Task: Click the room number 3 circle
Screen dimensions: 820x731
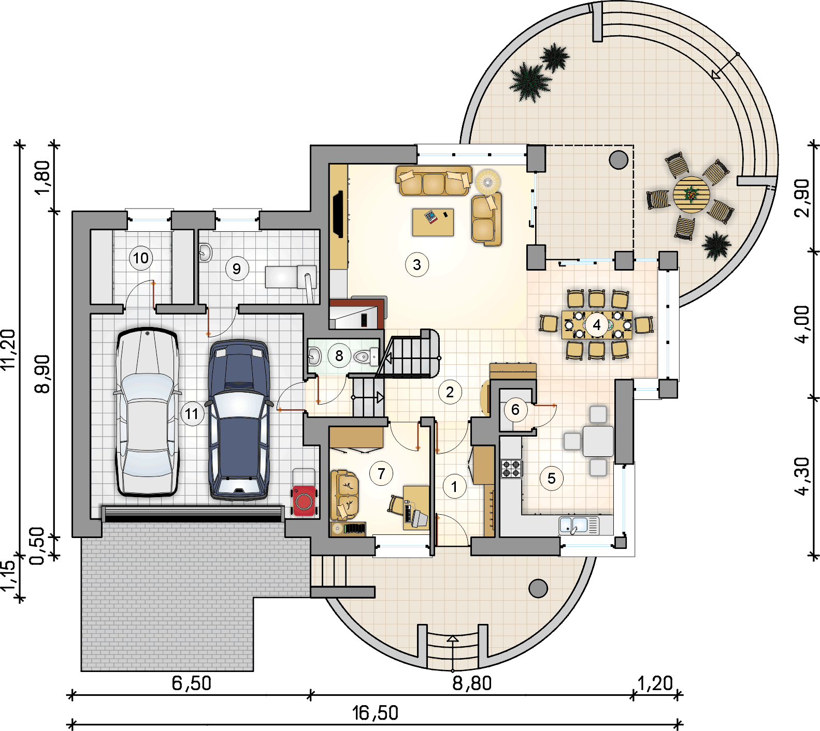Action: point(417,265)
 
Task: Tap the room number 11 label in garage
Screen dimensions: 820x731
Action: point(192,414)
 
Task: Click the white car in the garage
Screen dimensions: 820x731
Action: point(148,412)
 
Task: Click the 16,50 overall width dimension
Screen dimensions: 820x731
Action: point(376,713)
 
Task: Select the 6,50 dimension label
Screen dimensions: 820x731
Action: point(192,683)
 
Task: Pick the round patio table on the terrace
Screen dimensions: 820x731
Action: point(691,195)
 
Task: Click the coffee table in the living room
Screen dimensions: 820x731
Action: point(433,222)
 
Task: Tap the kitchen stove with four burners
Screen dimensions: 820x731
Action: point(511,468)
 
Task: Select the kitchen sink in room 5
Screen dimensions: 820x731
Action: point(579,526)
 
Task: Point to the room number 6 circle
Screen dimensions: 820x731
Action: point(515,410)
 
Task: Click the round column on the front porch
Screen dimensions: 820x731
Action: point(538,588)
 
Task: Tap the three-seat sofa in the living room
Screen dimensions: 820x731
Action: point(434,181)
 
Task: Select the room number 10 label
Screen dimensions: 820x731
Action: point(141,258)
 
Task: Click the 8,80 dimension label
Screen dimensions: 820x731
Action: point(472,683)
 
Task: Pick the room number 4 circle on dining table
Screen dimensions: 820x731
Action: point(597,325)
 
